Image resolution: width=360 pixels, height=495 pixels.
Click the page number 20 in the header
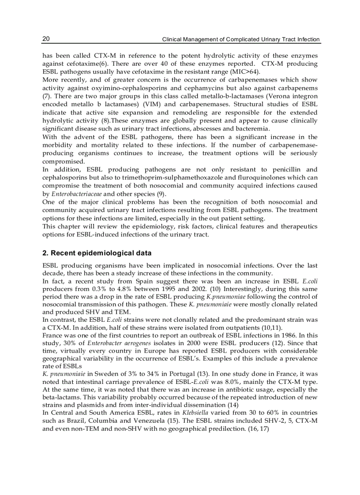46,39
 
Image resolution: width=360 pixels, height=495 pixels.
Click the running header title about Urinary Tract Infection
241,39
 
